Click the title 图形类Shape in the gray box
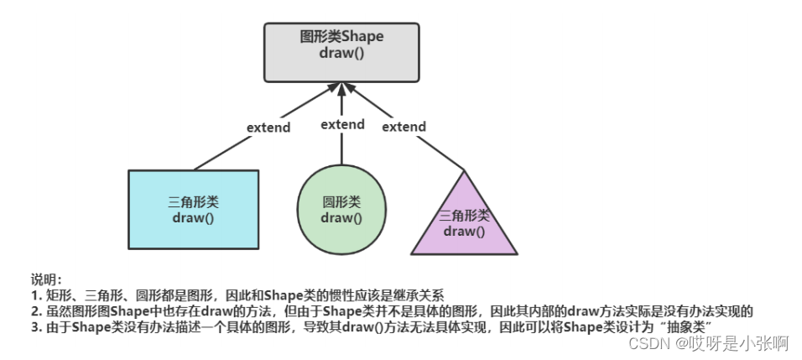(341, 37)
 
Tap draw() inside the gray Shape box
(341, 53)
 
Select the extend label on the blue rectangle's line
(268, 128)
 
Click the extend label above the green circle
(342, 124)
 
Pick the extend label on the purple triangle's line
(404, 127)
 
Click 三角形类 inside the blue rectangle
(193, 202)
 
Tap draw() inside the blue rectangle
(193, 218)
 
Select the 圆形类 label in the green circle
(341, 202)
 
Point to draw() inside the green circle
(341, 218)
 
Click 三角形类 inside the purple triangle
(464, 216)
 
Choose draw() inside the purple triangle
(464, 231)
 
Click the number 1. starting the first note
(36, 295)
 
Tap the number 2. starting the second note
(36, 310)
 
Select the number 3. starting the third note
(36, 326)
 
